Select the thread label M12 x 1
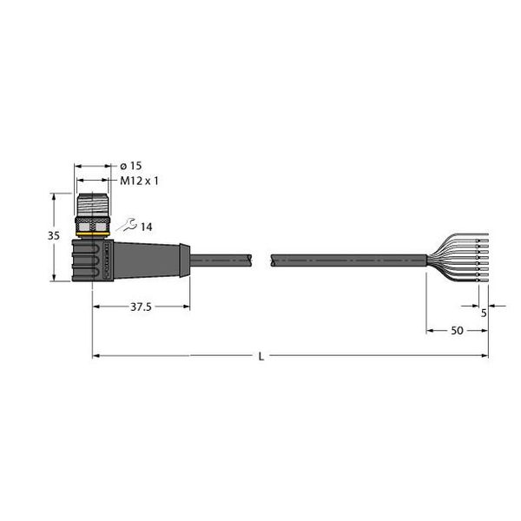point(136,181)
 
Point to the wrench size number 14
point(146,228)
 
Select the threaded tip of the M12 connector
point(92,203)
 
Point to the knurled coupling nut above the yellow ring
point(92,221)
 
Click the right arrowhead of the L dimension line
point(484,355)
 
